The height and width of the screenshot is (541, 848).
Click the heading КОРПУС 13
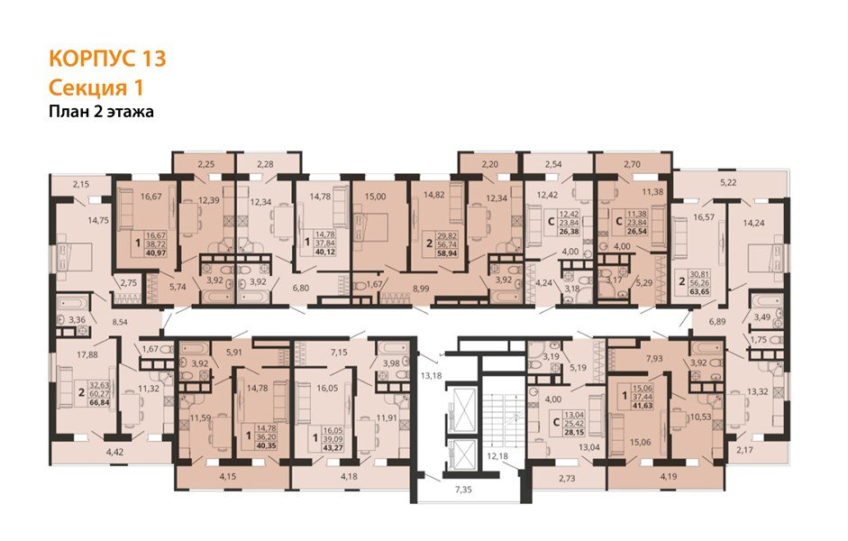point(106,60)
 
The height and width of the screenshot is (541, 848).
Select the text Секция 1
point(95,87)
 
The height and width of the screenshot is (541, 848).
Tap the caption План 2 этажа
point(101,113)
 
